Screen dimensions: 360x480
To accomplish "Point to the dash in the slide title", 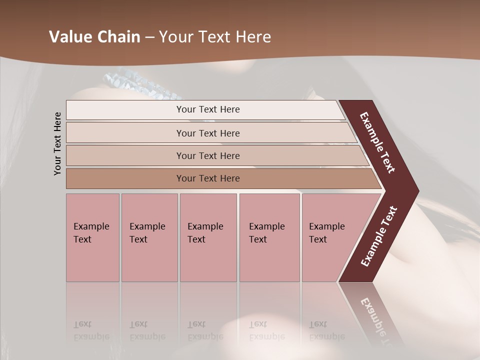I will click(x=149, y=37).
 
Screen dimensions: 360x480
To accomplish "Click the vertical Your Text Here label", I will click(x=57, y=143).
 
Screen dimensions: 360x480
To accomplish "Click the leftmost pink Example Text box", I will click(x=92, y=237).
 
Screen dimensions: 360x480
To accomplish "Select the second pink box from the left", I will click(x=149, y=237).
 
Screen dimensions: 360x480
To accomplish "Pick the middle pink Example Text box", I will click(x=208, y=237).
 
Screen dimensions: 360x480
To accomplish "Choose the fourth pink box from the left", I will click(x=269, y=237).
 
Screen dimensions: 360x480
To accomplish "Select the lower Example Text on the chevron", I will click(x=378, y=236).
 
